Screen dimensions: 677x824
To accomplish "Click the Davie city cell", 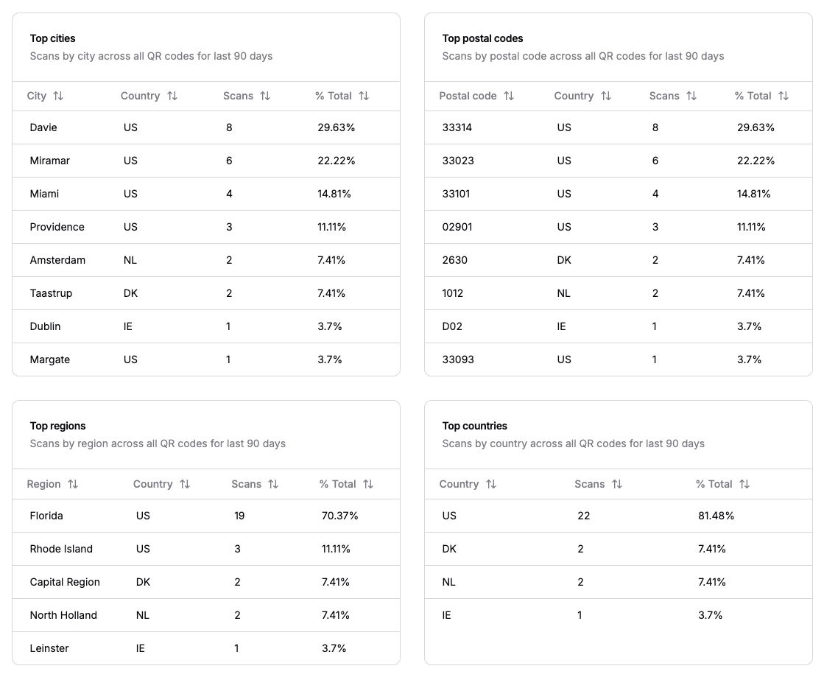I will (x=43, y=127).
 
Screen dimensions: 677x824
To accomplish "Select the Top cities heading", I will (x=52, y=38).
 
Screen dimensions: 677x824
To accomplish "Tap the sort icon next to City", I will (x=58, y=96).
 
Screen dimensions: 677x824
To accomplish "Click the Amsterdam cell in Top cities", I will (x=57, y=260).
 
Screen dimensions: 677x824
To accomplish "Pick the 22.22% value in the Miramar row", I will (x=336, y=161).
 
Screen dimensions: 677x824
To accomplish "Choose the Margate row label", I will (x=50, y=359).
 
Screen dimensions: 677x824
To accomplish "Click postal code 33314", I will (x=457, y=127).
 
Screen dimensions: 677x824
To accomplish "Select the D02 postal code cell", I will (x=452, y=326).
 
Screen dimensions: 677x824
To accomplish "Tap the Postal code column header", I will (x=468, y=96).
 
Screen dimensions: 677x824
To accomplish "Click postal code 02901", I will (x=457, y=227).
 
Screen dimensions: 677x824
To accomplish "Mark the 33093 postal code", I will (x=458, y=359).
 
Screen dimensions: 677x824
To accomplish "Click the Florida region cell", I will (x=46, y=516).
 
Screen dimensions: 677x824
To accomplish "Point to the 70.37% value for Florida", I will (x=339, y=516).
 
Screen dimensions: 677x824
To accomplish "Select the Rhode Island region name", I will (x=61, y=549).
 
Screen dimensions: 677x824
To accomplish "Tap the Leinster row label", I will (x=49, y=648).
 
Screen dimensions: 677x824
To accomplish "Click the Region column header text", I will (x=43, y=484).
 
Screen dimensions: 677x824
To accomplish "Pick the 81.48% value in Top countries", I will (x=716, y=516).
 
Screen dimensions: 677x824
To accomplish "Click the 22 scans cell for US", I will (x=584, y=516).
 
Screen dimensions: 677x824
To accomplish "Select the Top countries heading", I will (x=474, y=426).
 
